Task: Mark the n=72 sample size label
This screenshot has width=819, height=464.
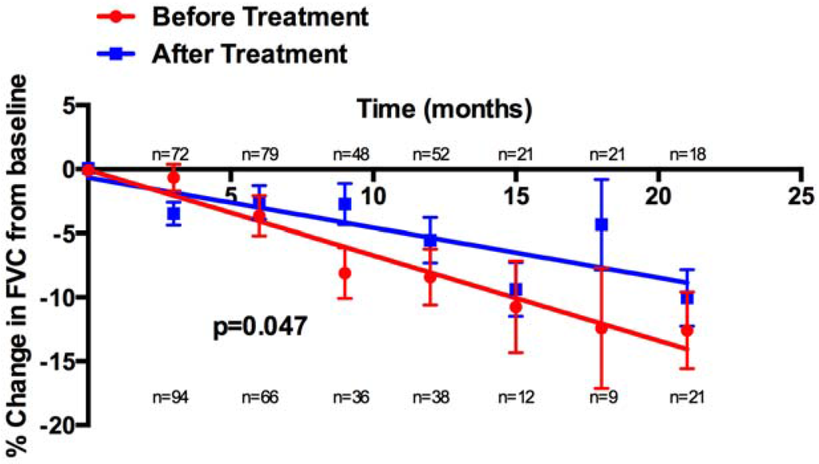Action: pyautogui.click(x=173, y=154)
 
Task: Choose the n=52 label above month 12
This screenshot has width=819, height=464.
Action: pyautogui.click(x=429, y=154)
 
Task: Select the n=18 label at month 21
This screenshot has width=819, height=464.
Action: pyautogui.click(x=686, y=154)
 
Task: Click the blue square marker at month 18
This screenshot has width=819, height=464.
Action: pyautogui.click(x=601, y=225)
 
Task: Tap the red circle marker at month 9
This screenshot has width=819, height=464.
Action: pyautogui.click(x=345, y=273)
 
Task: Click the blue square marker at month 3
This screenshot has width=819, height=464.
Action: pyautogui.click(x=173, y=214)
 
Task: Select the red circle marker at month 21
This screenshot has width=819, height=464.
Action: pyautogui.click(x=686, y=330)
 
